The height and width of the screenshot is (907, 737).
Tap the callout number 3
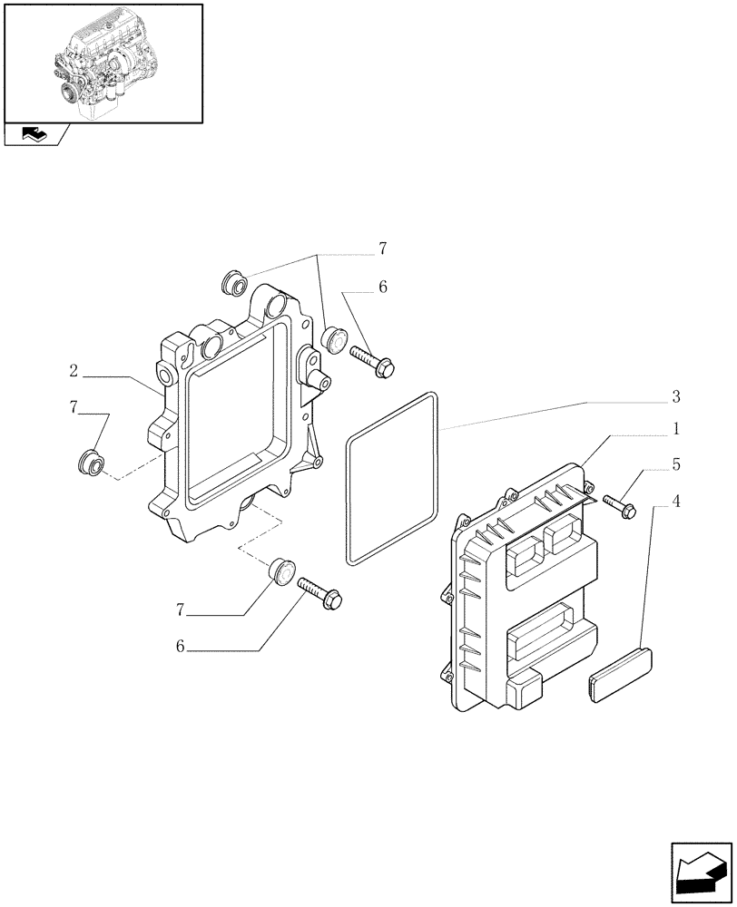pyautogui.click(x=676, y=396)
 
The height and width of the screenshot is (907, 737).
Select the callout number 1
pyautogui.click(x=676, y=427)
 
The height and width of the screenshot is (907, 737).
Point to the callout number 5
pyautogui.click(x=676, y=464)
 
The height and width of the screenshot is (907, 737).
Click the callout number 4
pyautogui.click(x=676, y=500)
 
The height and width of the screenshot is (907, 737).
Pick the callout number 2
pyautogui.click(x=73, y=371)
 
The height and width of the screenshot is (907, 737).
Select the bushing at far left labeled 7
pyautogui.click(x=91, y=461)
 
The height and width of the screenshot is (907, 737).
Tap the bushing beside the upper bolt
pyautogui.click(x=334, y=339)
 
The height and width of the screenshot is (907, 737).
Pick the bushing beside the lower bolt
pyautogui.click(x=282, y=572)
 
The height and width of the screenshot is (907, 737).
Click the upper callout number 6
pyautogui.click(x=383, y=287)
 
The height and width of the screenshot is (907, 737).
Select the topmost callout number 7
pyautogui.click(x=383, y=248)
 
